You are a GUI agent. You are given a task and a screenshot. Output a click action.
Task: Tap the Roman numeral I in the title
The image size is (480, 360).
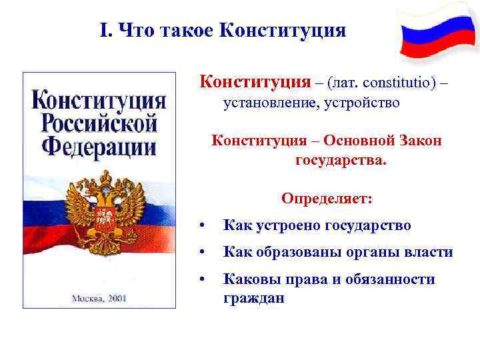tap(103, 31)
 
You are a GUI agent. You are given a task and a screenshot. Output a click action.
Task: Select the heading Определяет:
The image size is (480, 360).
tap(327, 199)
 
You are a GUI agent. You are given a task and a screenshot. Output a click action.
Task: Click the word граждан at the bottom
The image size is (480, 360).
tap(254, 299)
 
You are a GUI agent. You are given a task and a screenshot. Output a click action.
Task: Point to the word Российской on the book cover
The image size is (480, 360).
tap(99, 123)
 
